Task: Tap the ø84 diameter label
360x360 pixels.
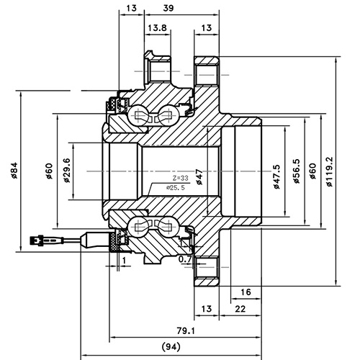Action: (x=14, y=171)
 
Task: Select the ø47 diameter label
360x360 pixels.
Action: (x=199, y=174)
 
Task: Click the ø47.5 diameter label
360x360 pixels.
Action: (x=277, y=173)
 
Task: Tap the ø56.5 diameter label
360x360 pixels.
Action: (x=296, y=172)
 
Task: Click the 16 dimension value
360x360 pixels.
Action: (x=246, y=292)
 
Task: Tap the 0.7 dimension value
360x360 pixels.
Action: (x=185, y=258)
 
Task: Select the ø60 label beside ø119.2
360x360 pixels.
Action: (x=312, y=172)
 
